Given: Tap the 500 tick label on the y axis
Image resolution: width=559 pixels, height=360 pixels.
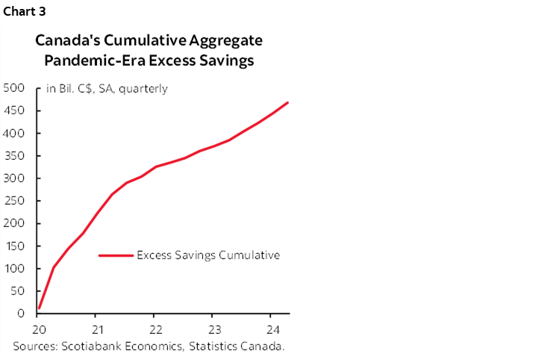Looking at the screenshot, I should tap(15, 88).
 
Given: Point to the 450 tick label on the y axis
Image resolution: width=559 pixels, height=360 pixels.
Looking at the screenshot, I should tap(15, 111).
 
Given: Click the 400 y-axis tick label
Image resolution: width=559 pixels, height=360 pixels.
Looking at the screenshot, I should tap(15, 133).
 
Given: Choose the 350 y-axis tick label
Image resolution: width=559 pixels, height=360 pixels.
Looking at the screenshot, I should tap(15, 156).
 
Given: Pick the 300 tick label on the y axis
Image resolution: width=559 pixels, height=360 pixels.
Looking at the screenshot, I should tap(15, 179).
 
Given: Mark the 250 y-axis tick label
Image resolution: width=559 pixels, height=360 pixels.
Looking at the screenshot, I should tap(15, 201).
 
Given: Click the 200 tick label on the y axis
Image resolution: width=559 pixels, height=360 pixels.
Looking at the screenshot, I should tap(15, 223).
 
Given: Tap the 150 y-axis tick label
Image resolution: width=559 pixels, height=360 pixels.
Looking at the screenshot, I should tap(15, 246).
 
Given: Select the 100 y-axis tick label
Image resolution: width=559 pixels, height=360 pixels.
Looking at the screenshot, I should tap(15, 268).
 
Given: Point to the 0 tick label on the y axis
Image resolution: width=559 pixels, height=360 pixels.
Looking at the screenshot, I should tap(22, 314).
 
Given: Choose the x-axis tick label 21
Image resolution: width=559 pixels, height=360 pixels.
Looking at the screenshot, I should tap(96, 329).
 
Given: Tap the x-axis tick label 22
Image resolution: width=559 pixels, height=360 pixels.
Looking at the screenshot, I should tap(154, 329).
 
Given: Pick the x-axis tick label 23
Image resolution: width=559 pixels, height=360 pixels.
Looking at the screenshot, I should tap(213, 329).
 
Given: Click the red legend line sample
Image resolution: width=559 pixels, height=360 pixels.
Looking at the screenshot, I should tap(116, 255).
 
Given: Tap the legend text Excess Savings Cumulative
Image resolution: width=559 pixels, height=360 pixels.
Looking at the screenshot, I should tap(208, 255).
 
